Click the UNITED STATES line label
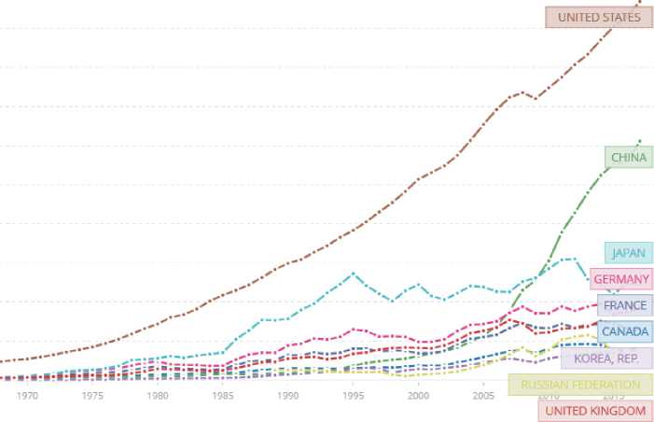point(599,18)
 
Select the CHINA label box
point(627,158)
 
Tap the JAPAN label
point(628,253)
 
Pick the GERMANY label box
point(620,279)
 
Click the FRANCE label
point(624,305)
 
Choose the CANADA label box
point(624,331)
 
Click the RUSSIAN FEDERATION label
point(580,385)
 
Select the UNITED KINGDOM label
point(594,411)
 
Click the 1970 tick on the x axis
point(28,396)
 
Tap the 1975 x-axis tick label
point(92,396)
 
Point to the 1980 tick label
point(158,396)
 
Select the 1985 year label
point(223,396)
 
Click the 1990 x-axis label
point(288,396)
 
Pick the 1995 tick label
point(354,396)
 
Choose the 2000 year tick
point(419,396)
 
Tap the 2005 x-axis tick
point(483,396)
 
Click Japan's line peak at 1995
point(353,273)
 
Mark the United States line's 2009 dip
point(535,98)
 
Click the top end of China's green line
point(641,141)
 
